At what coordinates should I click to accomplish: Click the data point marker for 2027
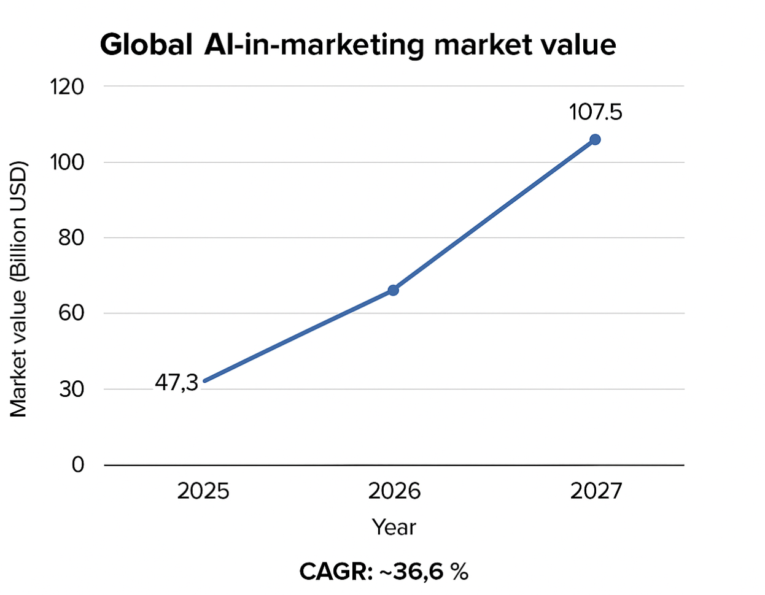(x=595, y=140)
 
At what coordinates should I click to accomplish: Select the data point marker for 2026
(x=393, y=290)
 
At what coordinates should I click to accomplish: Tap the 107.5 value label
(x=595, y=112)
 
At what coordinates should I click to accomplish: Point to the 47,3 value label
(x=176, y=383)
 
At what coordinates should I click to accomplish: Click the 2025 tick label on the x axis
(x=203, y=491)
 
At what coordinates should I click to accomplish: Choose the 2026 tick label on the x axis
(x=394, y=491)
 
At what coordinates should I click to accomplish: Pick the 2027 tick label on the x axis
(x=596, y=491)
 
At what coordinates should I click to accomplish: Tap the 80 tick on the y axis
(x=71, y=238)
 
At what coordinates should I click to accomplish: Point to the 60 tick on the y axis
(x=71, y=313)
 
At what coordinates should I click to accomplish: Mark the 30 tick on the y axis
(x=71, y=390)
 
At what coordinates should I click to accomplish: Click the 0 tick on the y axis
(x=78, y=465)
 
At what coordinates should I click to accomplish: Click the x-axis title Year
(x=394, y=528)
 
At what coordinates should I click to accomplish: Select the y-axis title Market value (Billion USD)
(x=18, y=289)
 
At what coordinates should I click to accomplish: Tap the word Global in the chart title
(x=146, y=45)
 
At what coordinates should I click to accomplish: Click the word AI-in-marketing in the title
(x=314, y=45)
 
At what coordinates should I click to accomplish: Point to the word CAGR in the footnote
(x=335, y=572)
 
